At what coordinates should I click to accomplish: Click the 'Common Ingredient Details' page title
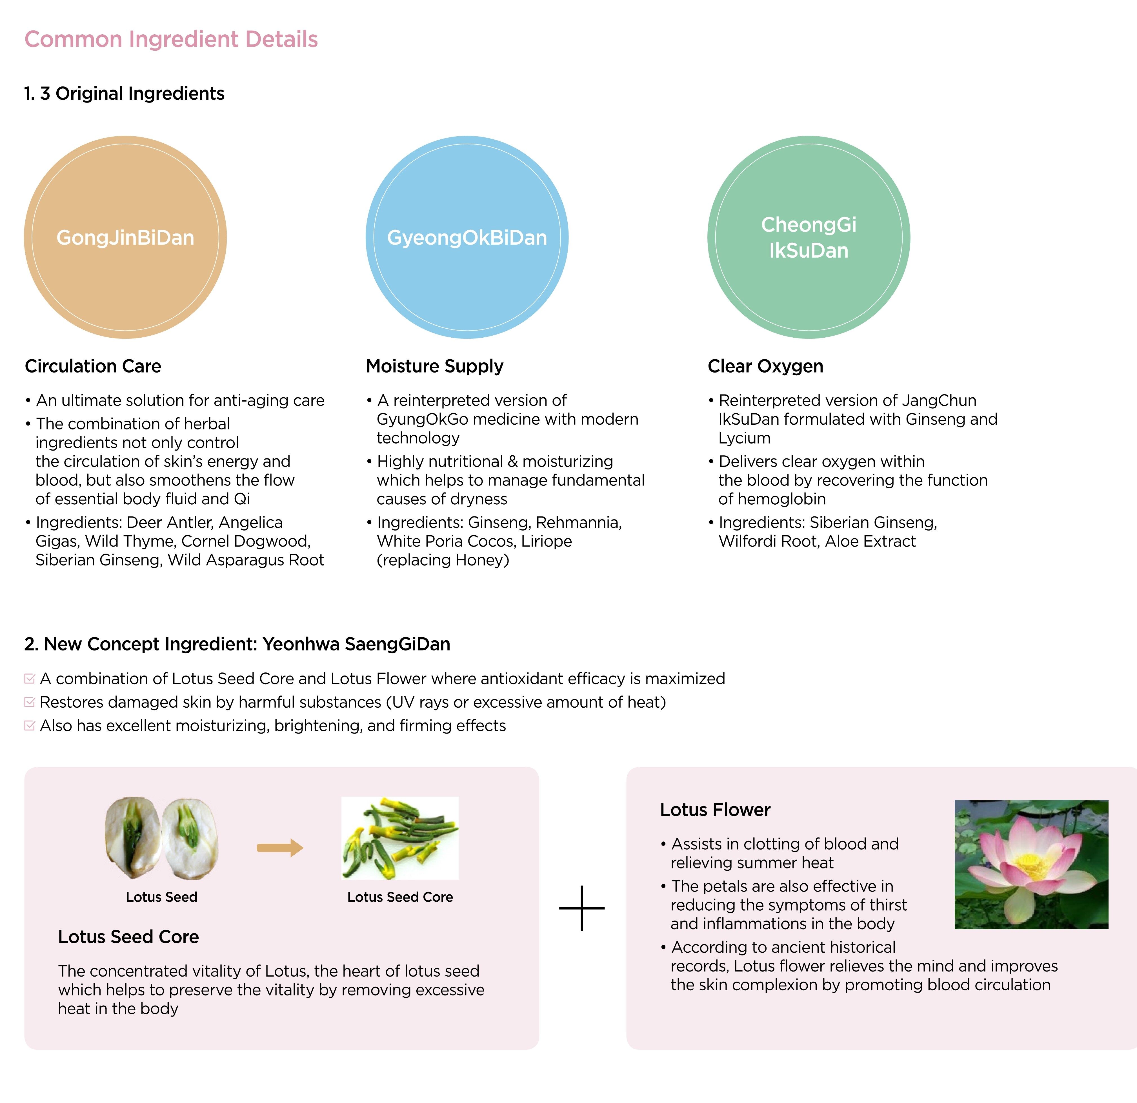click(x=171, y=39)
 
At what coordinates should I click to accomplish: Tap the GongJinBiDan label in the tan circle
click(x=125, y=238)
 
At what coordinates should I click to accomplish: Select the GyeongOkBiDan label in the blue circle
click(x=467, y=238)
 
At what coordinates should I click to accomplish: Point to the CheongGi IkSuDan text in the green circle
click(x=809, y=238)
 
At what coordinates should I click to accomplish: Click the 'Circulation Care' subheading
click(x=93, y=367)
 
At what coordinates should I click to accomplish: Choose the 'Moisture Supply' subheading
click(x=434, y=367)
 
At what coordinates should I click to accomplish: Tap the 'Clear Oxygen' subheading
click(x=765, y=367)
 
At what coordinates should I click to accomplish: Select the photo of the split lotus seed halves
click(x=161, y=838)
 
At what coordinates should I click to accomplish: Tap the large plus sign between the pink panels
click(x=582, y=908)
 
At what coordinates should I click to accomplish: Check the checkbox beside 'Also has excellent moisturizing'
click(x=30, y=726)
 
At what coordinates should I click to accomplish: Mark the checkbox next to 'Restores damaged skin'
click(x=30, y=702)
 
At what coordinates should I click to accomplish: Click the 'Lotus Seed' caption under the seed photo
click(x=161, y=897)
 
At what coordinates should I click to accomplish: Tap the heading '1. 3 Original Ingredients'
click(x=124, y=94)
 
